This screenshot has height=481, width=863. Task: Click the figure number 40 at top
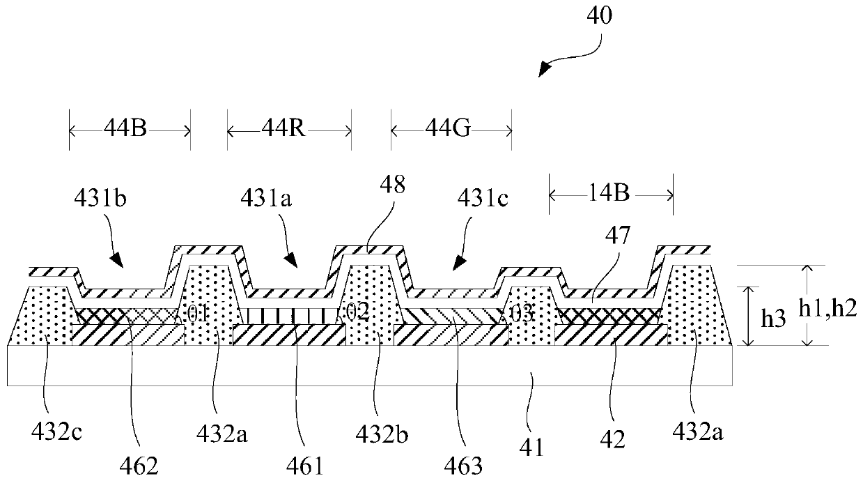point(601,16)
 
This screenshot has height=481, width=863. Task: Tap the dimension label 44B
point(130,130)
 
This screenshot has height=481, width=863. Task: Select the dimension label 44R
point(289,130)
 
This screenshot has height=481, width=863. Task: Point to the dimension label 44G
point(451,130)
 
